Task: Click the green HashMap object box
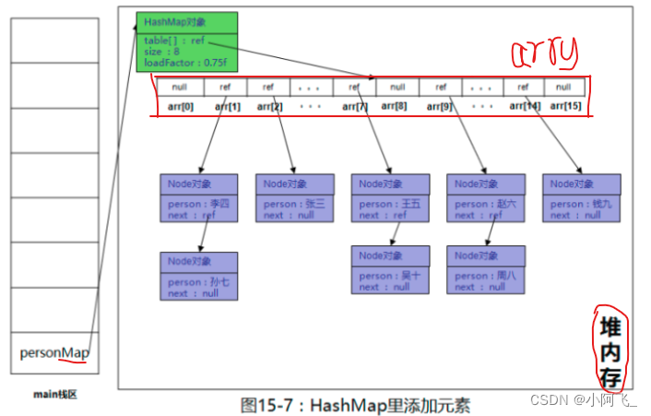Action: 185,42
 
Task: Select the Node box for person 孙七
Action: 198,276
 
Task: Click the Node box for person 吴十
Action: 390,269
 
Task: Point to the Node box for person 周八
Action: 486,269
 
